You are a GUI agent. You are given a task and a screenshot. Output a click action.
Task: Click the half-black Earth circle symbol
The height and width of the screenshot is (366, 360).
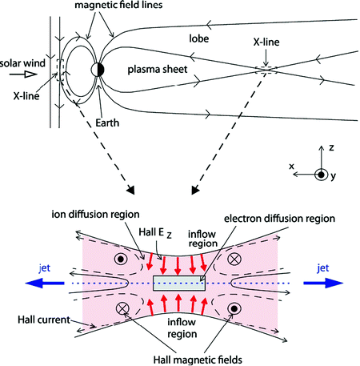tap(98, 69)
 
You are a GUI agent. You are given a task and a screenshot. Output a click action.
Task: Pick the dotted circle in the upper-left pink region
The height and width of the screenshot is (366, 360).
tap(119, 259)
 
